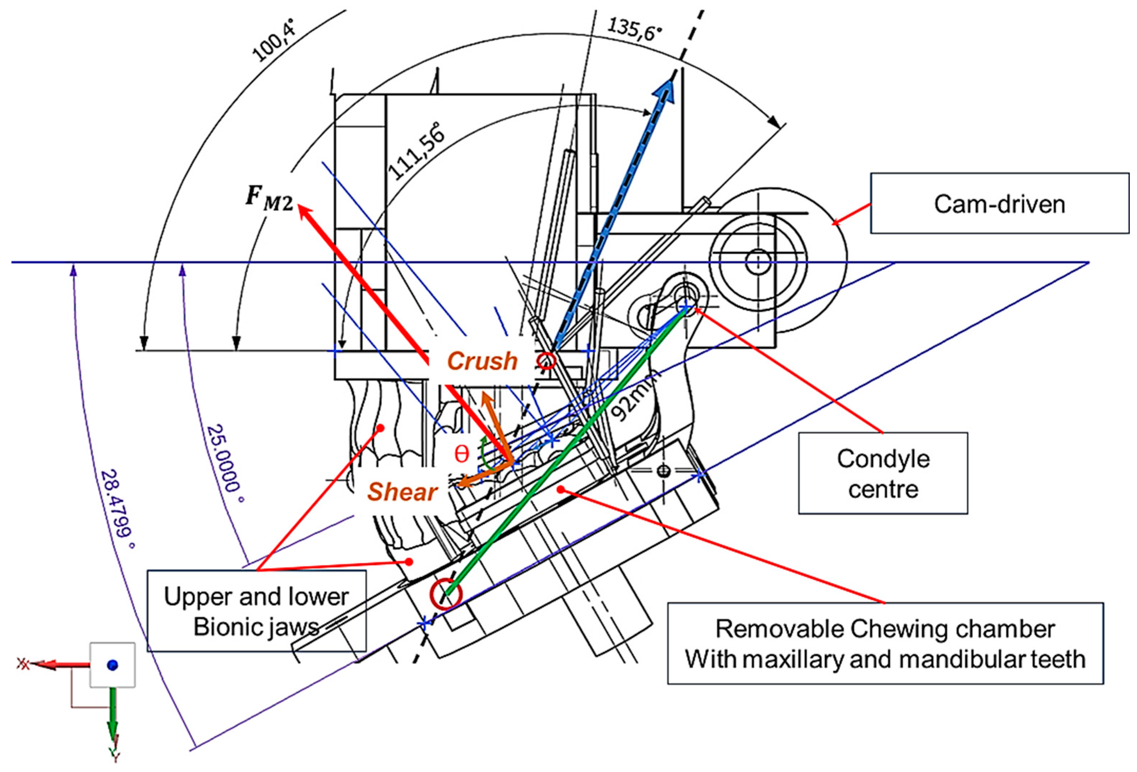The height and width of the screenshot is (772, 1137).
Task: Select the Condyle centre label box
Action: tap(883, 473)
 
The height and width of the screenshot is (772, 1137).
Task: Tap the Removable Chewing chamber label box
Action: tap(885, 643)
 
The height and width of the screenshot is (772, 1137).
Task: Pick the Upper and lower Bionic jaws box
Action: tap(257, 611)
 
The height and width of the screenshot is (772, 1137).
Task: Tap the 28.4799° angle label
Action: tap(117, 508)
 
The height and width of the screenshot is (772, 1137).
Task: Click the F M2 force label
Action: tap(269, 198)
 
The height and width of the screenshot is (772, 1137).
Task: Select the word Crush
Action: tap(482, 361)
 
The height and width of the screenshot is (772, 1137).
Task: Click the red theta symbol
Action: tap(462, 454)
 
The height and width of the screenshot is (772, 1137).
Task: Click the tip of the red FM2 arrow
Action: tap(300, 207)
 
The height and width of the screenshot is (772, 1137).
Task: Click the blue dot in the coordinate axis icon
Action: tap(112, 665)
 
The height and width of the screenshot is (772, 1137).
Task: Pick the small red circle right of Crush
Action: tap(547, 361)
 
